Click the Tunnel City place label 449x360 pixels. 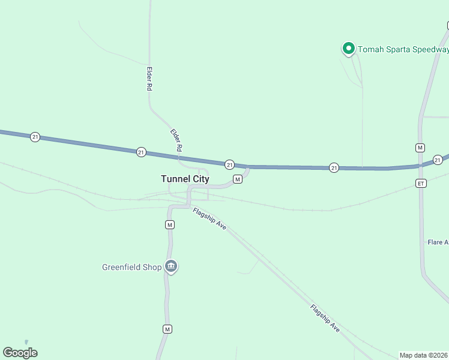coord(185,179)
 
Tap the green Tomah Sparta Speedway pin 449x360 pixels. coord(348,48)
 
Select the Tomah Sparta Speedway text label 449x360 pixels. coord(403,49)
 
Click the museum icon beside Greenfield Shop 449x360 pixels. coord(171,266)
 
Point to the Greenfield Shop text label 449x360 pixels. coord(131,267)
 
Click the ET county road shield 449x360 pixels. coord(421,183)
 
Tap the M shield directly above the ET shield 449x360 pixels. coord(420,148)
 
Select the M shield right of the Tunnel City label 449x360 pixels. coord(238,179)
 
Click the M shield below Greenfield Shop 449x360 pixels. coord(168,329)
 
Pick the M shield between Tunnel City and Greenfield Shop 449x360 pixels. coord(170,224)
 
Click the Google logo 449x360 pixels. coord(20,353)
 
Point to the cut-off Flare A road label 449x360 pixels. coord(438,242)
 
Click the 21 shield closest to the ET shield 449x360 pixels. coord(438,160)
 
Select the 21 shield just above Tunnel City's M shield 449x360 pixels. coord(229,164)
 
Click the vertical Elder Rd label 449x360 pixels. coord(149,79)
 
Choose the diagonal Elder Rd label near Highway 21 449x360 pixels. coord(176,140)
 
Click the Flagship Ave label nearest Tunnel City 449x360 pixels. coord(209,218)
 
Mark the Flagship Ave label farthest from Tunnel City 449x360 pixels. coord(325,319)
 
